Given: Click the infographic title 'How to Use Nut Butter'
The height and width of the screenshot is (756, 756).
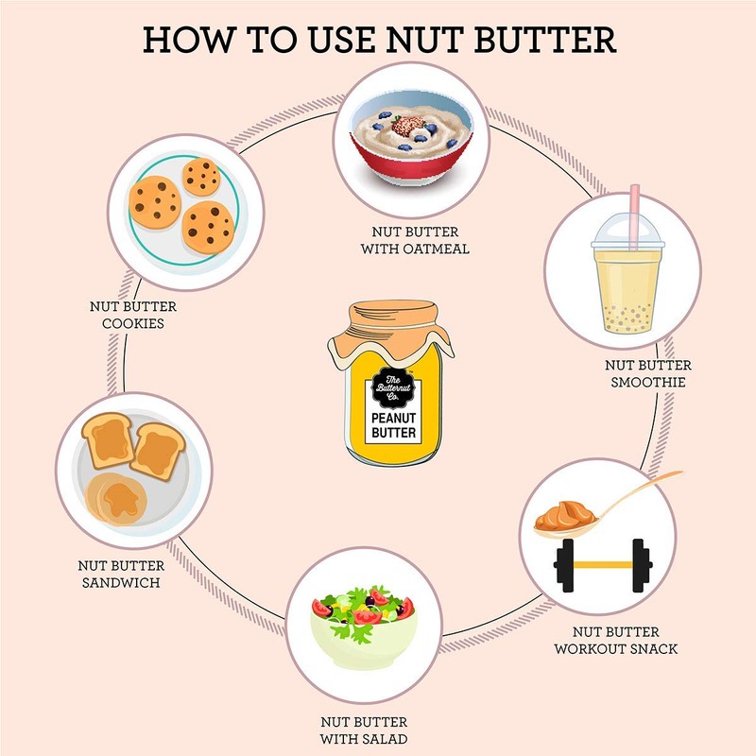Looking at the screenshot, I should (x=378, y=40).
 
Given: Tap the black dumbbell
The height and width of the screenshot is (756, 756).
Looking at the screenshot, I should (x=602, y=564).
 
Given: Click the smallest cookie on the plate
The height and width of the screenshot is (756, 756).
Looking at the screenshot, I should (x=201, y=176).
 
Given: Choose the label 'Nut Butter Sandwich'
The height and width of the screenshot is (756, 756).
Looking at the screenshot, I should (x=119, y=574).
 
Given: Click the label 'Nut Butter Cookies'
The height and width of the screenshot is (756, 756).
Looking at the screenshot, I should (x=132, y=315).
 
